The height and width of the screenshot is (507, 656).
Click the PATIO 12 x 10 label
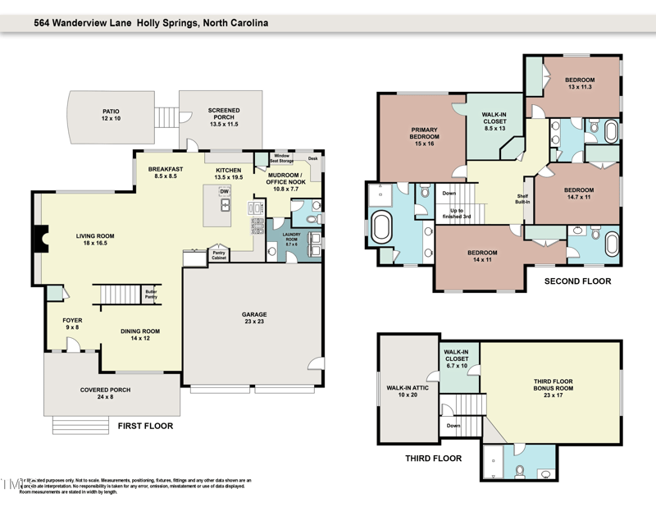pos(111,114)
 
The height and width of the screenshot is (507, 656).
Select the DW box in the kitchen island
pos(223,192)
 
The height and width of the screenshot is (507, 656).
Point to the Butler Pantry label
pos(151,292)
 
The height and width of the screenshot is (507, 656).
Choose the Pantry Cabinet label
pos(219,254)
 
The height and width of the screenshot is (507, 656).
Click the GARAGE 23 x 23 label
pos(253,319)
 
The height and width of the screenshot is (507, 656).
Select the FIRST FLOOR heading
pos(144,427)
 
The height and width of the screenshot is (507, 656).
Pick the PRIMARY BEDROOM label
pos(424,136)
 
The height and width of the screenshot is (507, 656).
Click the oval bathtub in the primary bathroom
pos(382,227)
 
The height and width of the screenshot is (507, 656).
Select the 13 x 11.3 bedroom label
pos(580,84)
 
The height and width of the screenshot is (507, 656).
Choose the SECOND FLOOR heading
pos(578,281)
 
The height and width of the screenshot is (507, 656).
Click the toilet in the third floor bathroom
pos(520,471)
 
